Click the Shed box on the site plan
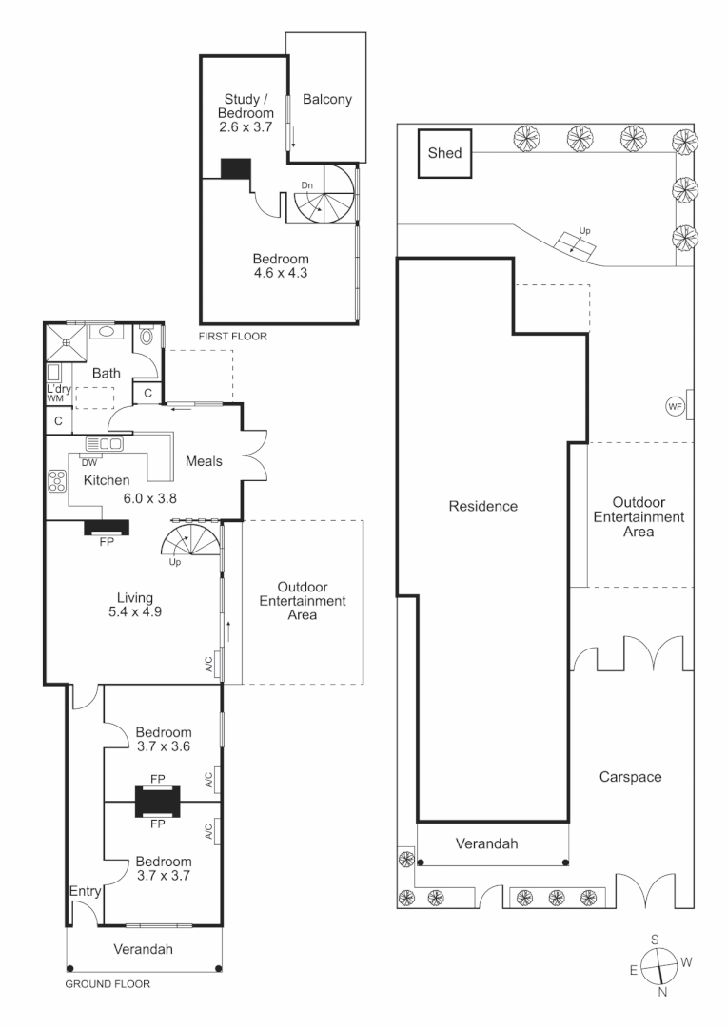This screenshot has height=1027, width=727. click(445, 153)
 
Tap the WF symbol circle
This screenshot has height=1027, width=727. click(675, 406)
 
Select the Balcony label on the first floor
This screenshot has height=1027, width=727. click(327, 99)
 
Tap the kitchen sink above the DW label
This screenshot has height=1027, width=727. click(104, 443)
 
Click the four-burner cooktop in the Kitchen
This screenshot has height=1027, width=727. click(56, 481)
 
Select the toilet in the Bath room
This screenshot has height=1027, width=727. click(146, 335)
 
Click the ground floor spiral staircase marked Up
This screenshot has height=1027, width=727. click(189, 543)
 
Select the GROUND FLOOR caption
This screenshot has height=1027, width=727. click(107, 985)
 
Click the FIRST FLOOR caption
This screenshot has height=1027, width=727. click(232, 337)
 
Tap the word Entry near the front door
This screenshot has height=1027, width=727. click(85, 891)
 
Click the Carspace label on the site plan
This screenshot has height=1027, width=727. click(630, 777)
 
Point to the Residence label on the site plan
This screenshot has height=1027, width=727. click(482, 506)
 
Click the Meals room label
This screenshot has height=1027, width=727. click(205, 461)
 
